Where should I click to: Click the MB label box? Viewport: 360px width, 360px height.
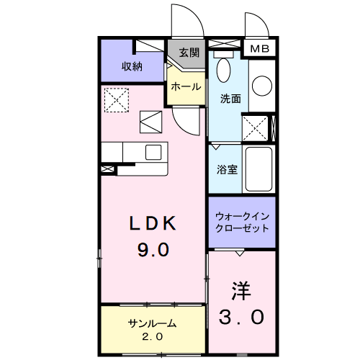pos(259,49)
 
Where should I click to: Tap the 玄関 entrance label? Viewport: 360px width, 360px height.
pos(188,53)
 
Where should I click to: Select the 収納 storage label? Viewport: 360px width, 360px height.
pos(132,67)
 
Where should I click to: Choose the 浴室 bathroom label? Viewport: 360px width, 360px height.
pos(228,170)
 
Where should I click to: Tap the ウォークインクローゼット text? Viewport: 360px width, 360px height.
pos(243,221)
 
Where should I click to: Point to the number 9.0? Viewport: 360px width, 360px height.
pos(153,250)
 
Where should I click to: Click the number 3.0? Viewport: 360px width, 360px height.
pos(243,316)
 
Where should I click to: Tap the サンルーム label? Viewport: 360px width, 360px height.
pos(153,323)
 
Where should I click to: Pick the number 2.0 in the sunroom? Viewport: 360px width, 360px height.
pos(153,336)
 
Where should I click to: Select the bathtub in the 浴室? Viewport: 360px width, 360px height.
pos(258,169)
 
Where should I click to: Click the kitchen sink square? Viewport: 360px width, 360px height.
pos(154,152)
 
